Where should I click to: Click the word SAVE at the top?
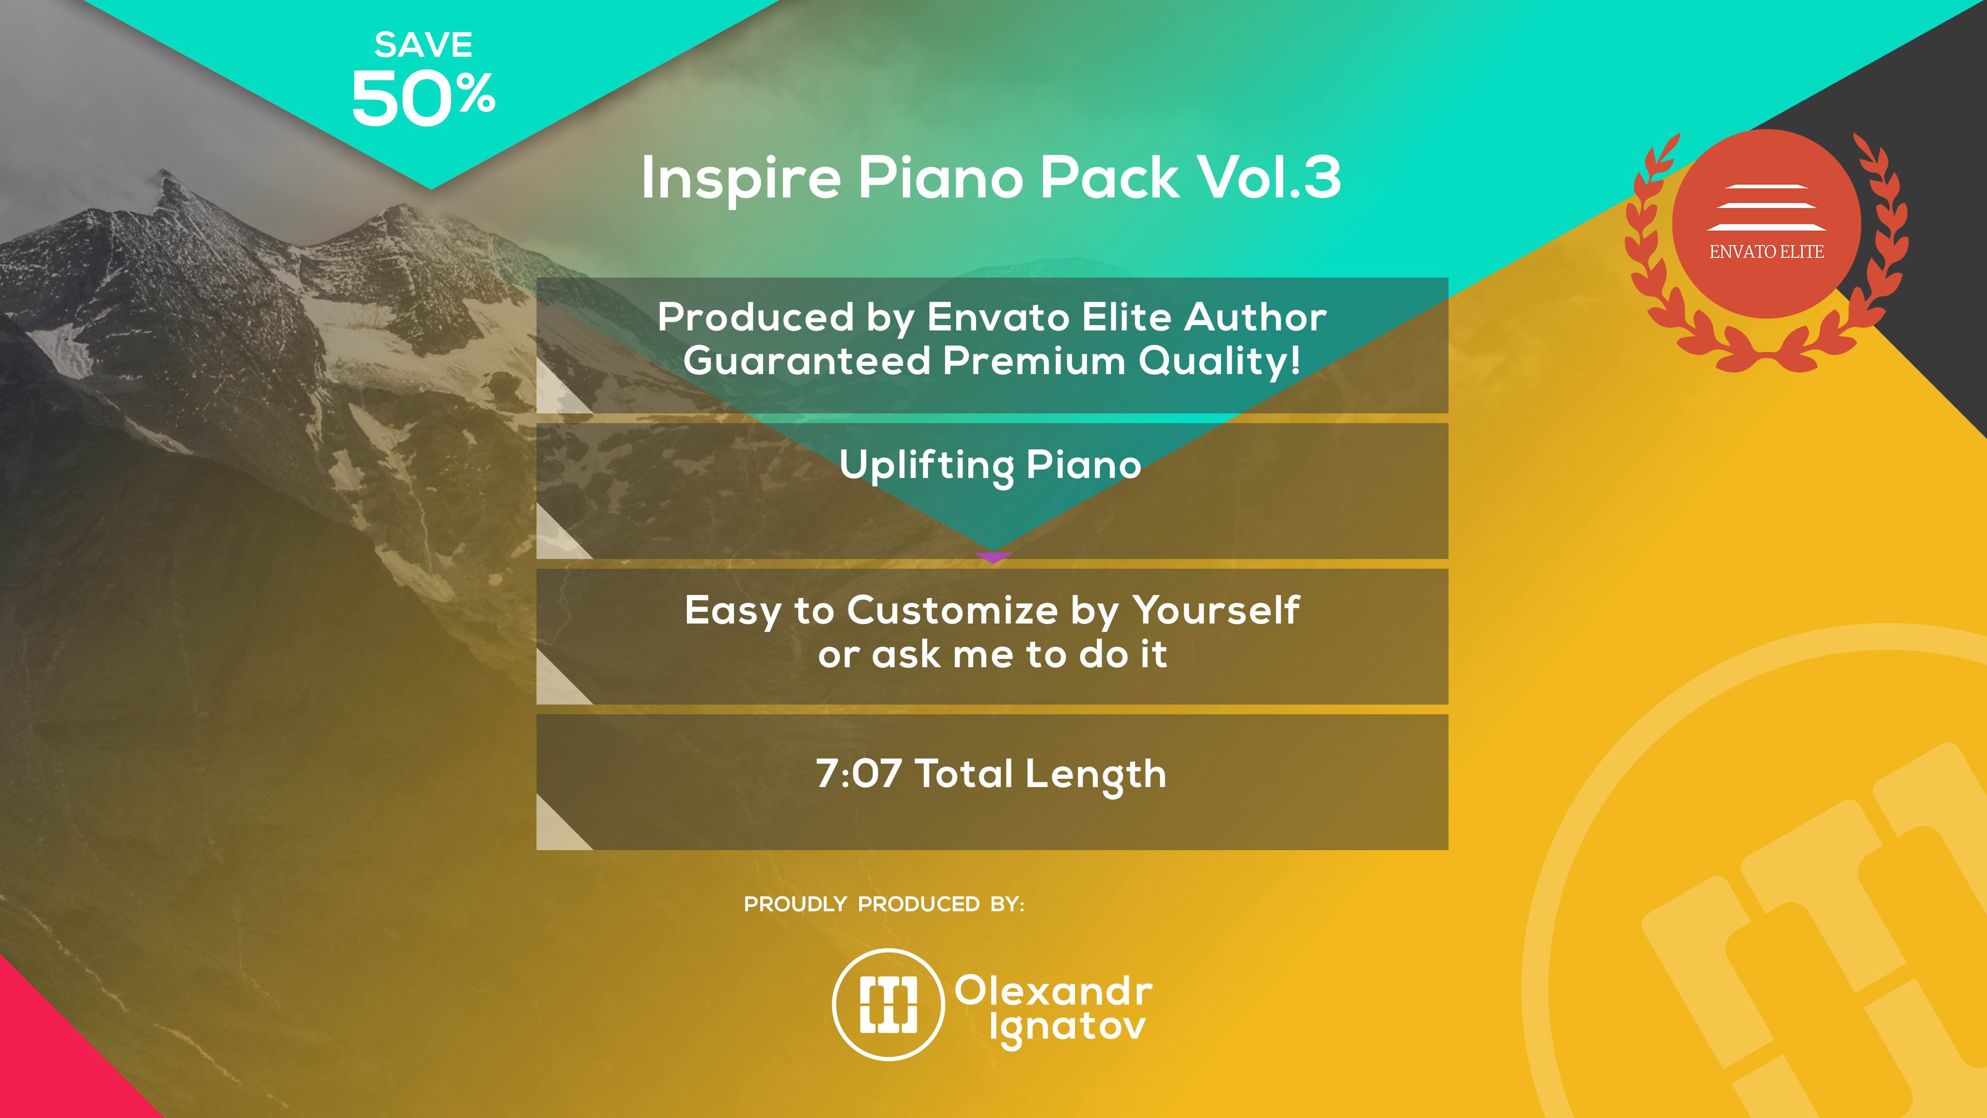[x=423, y=45]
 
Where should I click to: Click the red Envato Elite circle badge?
[x=1766, y=224]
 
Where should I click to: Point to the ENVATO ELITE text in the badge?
[x=1766, y=251]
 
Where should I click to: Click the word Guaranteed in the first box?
[x=806, y=361]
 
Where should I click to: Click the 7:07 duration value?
[x=859, y=773]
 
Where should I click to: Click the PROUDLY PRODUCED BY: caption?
[x=884, y=904]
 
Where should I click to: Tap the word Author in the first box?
[x=1256, y=317]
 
